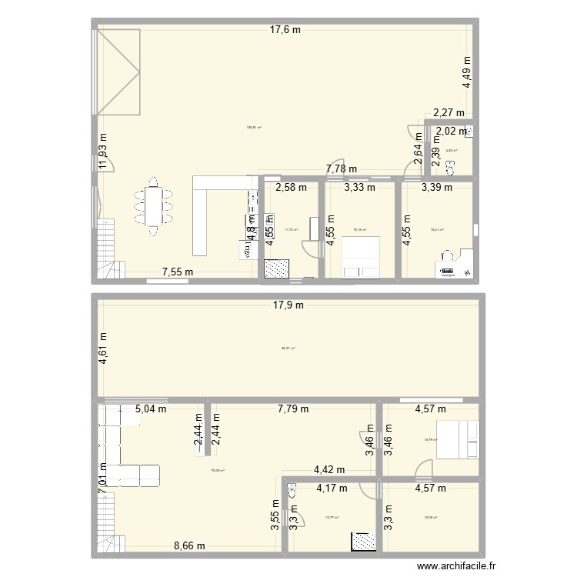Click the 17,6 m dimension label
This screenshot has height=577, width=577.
click(285, 30)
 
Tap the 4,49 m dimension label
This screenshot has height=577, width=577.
click(466, 71)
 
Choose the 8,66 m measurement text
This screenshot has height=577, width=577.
click(189, 546)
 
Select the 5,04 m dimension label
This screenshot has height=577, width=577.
click(151, 409)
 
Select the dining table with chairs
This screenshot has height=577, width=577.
click(153, 205)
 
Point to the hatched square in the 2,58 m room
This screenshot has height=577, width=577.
click(276, 268)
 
